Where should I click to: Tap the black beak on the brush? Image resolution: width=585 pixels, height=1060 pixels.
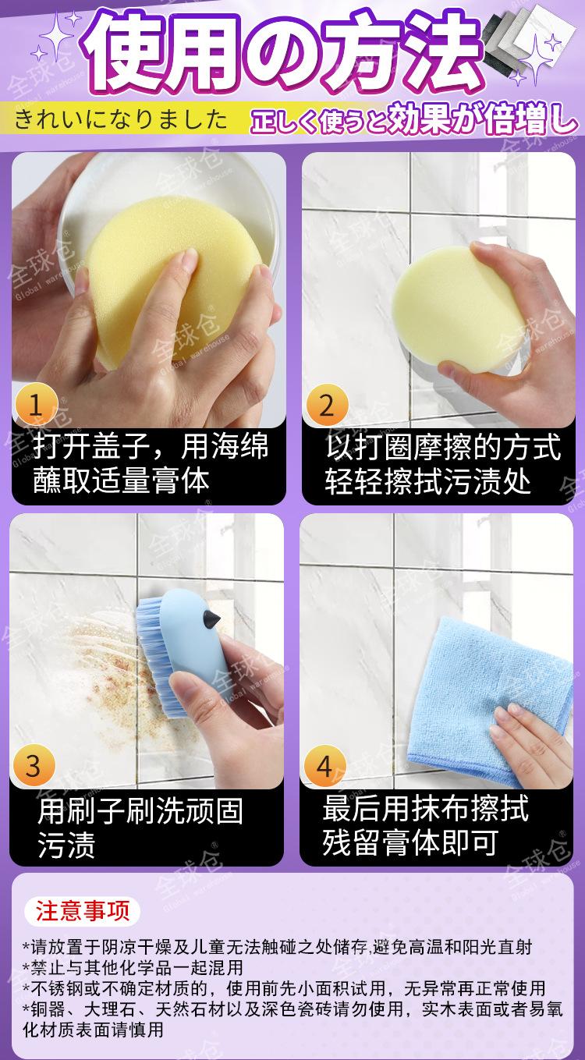tap(211, 619)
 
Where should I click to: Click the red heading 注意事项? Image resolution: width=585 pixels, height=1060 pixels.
tap(83, 910)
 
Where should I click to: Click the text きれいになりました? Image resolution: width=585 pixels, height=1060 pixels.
tap(121, 119)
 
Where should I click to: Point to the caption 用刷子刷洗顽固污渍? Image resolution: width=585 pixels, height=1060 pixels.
tap(140, 828)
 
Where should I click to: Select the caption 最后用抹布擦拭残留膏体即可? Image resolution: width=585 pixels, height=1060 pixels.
tap(425, 825)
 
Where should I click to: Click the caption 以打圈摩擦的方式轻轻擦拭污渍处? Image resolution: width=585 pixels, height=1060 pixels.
tap(443, 465)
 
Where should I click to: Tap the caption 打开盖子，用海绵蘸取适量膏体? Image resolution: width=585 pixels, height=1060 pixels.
tap(151, 464)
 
